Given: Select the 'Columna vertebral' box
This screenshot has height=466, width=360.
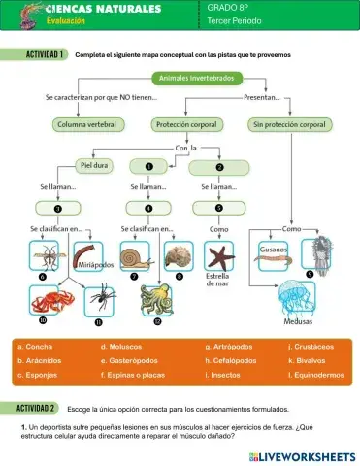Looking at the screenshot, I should [86, 125].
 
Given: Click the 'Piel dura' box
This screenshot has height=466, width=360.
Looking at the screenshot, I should [93, 166].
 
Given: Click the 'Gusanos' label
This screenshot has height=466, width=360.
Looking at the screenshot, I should [274, 249].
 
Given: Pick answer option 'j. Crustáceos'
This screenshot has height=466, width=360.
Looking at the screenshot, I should [311, 347].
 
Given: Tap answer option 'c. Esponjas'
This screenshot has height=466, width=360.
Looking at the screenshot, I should [36, 373].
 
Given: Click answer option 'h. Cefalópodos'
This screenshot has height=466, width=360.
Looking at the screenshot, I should [232, 359].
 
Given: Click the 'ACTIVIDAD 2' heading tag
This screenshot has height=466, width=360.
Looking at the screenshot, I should [35, 409].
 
